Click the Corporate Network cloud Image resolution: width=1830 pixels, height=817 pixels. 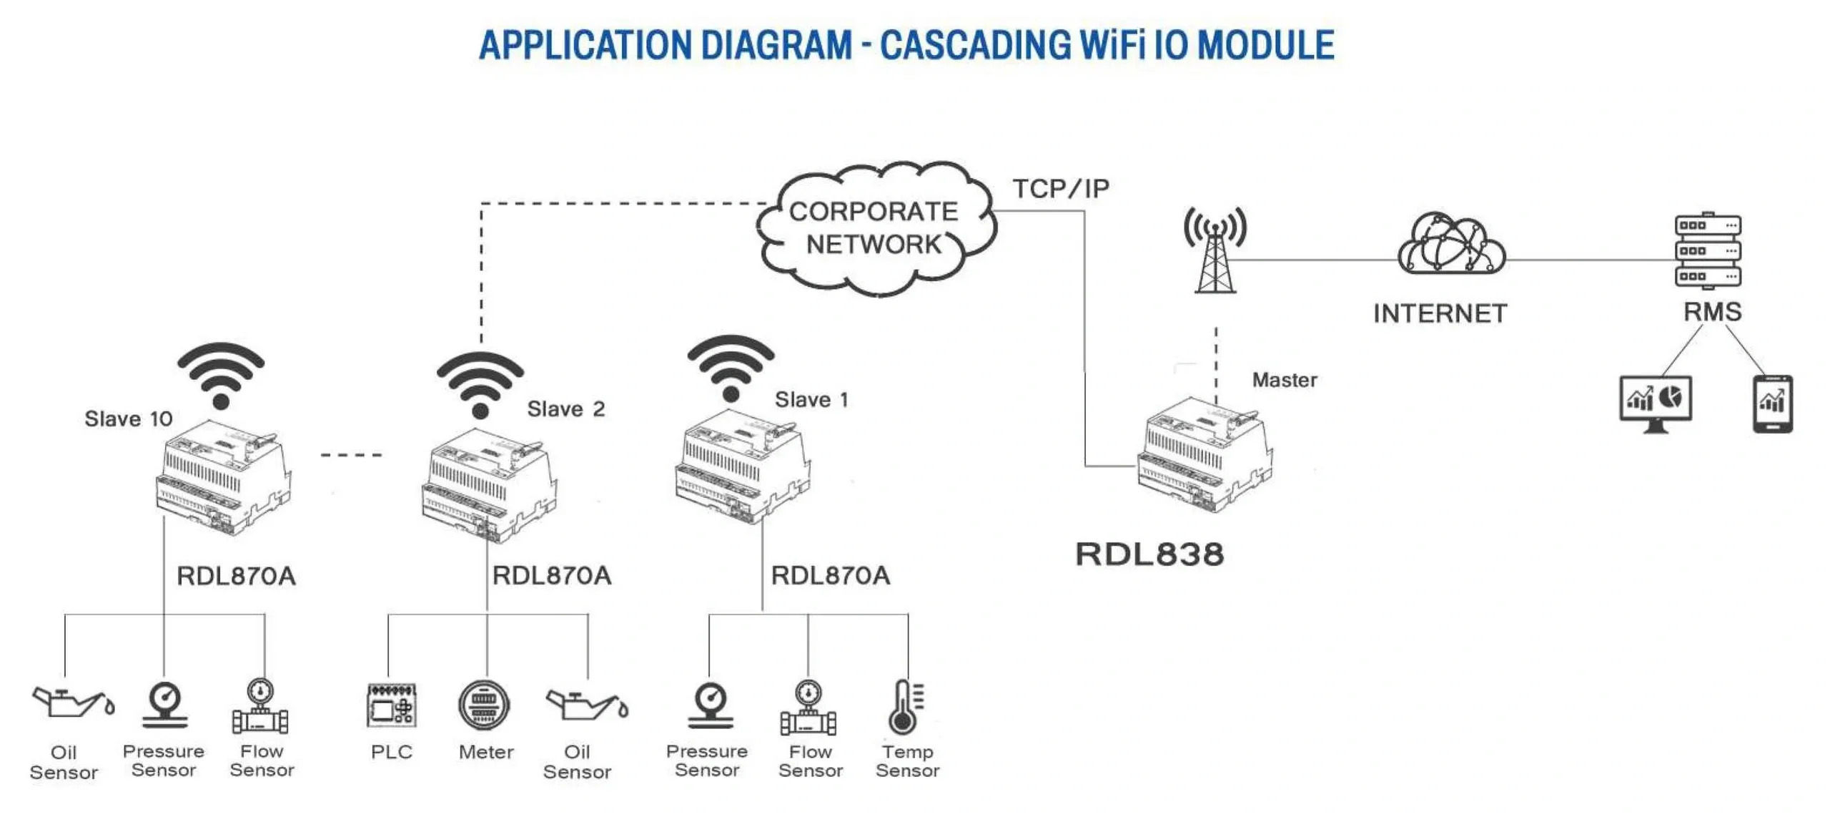874,228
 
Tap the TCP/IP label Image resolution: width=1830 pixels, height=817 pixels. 1060,189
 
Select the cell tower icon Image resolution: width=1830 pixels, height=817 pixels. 1215,250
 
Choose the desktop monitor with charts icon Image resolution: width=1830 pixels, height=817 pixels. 1655,403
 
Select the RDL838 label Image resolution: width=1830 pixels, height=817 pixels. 1149,554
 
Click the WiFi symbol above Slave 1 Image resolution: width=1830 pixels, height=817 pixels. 730,368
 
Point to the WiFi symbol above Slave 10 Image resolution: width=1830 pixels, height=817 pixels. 221,376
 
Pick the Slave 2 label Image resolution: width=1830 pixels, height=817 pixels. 565,409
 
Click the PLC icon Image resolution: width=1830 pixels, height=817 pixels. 391,705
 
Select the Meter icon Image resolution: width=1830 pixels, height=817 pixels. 485,705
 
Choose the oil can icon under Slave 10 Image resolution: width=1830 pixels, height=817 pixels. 71,703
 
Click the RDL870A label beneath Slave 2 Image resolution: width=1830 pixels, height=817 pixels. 552,576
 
